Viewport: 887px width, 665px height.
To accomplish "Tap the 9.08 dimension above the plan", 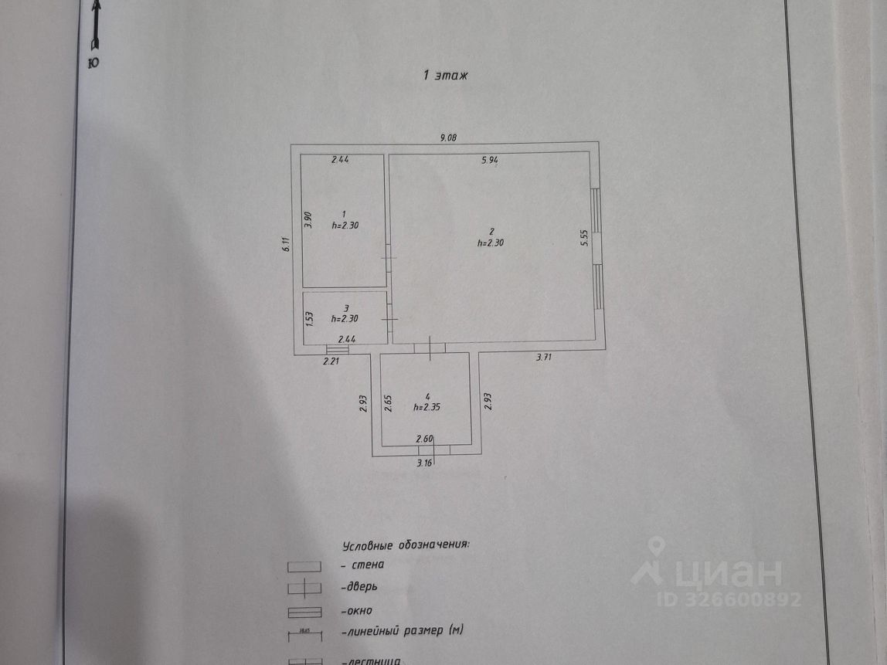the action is pos(448,138).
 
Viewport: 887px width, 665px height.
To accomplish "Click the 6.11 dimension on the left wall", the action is pos(286,245).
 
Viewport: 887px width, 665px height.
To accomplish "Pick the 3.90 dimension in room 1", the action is pos(308,221).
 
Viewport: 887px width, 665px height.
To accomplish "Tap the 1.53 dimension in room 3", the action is pos(308,317).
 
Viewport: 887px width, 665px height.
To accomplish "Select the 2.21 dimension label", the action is pos(331,361).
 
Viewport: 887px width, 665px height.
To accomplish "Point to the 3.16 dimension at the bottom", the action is pos(424,463).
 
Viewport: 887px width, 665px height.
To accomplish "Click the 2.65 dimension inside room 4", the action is pos(388,403).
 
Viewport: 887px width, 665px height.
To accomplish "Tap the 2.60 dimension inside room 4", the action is pos(424,439).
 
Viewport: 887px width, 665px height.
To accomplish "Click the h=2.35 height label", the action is pos(429,407).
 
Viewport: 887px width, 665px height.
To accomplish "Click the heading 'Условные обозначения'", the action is pos(406,545).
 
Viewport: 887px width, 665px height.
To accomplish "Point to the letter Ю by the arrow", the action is pos(93,63).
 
